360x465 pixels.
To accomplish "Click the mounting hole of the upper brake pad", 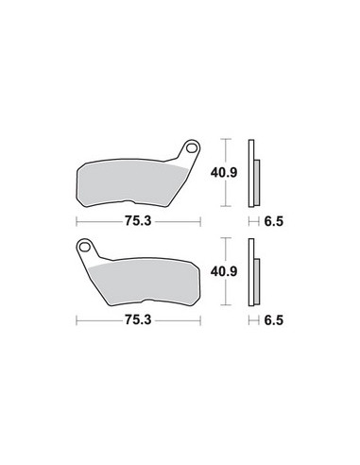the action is tap(191, 147).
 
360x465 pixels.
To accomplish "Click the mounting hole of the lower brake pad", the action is tap(84, 247).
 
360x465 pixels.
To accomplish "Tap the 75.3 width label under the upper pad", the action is tap(138, 221).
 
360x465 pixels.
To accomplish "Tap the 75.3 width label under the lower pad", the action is tap(138, 320).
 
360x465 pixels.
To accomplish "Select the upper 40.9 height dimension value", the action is tap(224, 173).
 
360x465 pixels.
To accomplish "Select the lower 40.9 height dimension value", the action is tap(224, 271).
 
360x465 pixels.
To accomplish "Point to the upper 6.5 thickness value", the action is tap(274, 221).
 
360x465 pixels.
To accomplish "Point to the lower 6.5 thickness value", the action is tap(274, 320).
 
